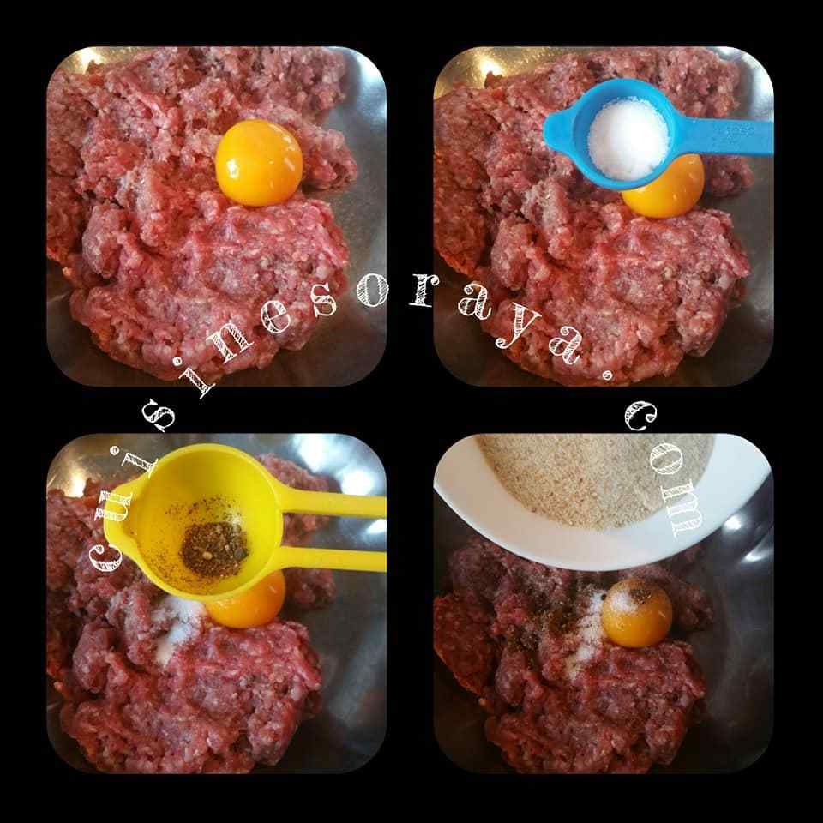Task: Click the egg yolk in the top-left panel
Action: (259, 163)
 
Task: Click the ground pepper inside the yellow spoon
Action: (214, 549)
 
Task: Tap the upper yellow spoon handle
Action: (333, 505)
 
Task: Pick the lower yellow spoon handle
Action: (333, 559)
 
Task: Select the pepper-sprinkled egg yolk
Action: (637, 612)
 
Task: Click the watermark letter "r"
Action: (422, 296)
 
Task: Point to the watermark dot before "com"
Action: (607, 375)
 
